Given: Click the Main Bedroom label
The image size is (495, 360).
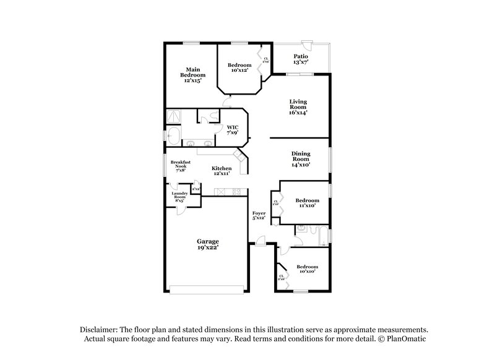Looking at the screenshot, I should pyautogui.click(x=194, y=75).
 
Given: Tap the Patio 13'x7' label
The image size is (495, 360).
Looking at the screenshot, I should pyautogui.click(x=301, y=59).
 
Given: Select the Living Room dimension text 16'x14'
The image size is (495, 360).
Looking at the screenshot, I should pyautogui.click(x=298, y=112).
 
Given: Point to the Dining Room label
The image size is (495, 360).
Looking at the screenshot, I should pyautogui.click(x=301, y=159).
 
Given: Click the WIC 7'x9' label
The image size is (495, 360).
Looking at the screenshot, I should pyautogui.click(x=232, y=131).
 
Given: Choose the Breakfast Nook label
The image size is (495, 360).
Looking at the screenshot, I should pyautogui.click(x=181, y=168).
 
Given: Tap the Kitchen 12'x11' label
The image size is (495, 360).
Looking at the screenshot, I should pyautogui.click(x=222, y=171).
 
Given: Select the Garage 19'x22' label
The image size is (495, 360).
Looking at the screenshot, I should pyautogui.click(x=207, y=244).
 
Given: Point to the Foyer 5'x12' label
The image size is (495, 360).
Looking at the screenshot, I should pyautogui.click(x=259, y=216).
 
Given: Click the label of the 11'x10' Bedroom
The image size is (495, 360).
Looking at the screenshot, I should pyautogui.click(x=307, y=203).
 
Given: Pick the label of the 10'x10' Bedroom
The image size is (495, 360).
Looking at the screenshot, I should pyautogui.click(x=308, y=269).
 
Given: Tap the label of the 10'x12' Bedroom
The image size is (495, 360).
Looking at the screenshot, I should pyautogui.click(x=239, y=68).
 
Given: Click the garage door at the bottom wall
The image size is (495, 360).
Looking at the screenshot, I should pyautogui.click(x=207, y=288).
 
